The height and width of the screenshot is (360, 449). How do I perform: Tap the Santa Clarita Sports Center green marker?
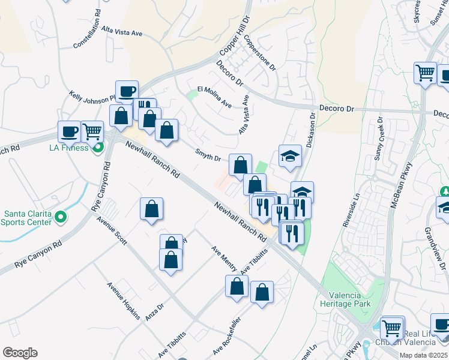[x=61, y=217]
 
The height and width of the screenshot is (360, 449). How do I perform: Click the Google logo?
[x=20, y=353]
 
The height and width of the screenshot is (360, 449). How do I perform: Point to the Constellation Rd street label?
[x=92, y=34]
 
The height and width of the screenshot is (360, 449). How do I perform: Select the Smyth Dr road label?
[x=209, y=154]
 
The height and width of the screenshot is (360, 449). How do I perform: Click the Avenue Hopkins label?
[x=124, y=301]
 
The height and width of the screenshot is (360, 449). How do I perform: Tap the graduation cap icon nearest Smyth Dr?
[x=290, y=157]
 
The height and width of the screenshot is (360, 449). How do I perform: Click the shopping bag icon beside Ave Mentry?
[x=237, y=286]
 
